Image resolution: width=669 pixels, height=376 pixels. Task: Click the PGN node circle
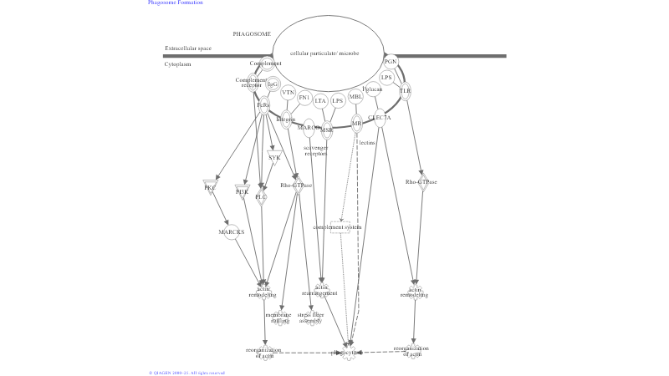391,62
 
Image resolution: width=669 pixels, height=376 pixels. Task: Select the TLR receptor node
406,90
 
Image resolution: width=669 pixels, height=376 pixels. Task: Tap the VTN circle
289,93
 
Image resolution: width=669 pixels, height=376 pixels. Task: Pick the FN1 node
304,98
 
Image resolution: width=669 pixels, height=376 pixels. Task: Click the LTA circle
320,100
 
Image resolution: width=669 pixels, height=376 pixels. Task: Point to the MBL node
355,96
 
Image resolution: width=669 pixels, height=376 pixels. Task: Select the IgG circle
273,84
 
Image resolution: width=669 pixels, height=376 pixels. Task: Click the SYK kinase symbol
274,156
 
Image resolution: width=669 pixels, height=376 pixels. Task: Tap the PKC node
210,186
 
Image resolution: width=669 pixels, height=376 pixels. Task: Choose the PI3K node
243,191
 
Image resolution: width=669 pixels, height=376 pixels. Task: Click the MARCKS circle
232,231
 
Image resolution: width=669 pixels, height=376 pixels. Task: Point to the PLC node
262,196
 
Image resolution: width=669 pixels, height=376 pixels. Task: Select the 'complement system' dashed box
338,227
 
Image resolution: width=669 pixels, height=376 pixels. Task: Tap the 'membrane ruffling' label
278,318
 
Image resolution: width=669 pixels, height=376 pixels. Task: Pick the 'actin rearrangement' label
319,291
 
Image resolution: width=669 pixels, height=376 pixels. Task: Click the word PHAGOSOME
252,34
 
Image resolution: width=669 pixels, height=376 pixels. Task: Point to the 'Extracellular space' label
188,48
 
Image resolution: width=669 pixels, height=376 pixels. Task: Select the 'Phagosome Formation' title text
176,3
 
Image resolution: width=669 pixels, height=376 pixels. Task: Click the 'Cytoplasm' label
178,64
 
